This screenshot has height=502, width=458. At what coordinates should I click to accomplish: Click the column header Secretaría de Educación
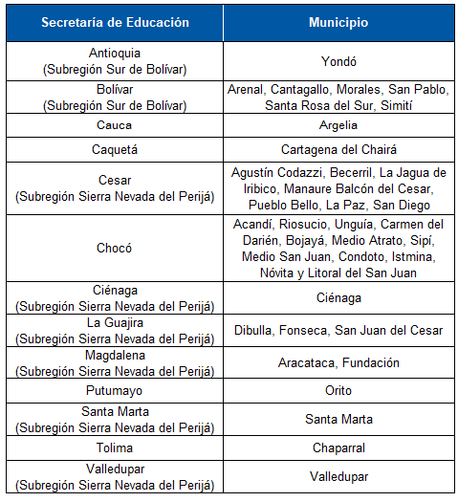click(x=115, y=22)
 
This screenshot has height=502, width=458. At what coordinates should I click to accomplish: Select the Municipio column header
click(x=338, y=22)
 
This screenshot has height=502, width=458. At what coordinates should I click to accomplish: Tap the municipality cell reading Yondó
click(x=338, y=60)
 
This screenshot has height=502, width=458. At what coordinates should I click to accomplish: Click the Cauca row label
click(x=115, y=125)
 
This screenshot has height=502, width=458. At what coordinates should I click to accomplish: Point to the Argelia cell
click(x=338, y=125)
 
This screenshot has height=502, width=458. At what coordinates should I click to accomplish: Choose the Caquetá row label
click(x=115, y=149)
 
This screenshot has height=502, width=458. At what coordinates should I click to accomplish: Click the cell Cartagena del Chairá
click(x=338, y=149)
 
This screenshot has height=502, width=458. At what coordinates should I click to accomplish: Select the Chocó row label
click(x=115, y=248)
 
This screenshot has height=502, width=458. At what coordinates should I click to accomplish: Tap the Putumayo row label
click(x=115, y=390)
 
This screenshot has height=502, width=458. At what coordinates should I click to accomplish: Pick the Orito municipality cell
click(x=338, y=390)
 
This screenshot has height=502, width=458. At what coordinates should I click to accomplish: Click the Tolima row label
click(x=115, y=447)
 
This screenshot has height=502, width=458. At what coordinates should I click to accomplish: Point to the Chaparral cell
click(x=338, y=447)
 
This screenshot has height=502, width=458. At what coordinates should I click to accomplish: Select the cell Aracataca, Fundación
click(x=338, y=363)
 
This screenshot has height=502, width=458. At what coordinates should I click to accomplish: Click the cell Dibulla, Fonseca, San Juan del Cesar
click(x=338, y=331)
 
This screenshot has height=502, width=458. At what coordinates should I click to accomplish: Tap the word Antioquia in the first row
click(x=115, y=54)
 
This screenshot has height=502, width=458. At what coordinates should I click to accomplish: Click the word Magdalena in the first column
click(x=115, y=356)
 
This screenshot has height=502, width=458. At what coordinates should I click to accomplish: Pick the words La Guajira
click(x=115, y=323)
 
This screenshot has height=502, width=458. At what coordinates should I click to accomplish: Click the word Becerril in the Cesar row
click(x=352, y=172)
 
